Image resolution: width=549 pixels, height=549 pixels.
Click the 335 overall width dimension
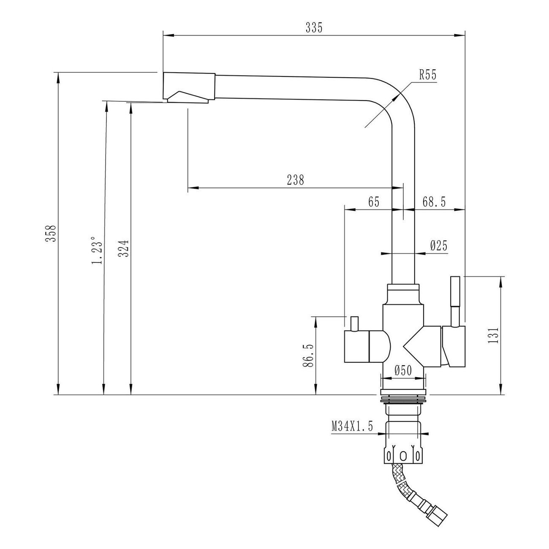[x=314, y=28]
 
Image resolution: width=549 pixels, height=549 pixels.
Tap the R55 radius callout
[x=428, y=75]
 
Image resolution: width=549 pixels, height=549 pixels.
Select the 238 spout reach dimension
[x=296, y=180]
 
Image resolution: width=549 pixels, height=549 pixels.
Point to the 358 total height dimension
[x=51, y=234]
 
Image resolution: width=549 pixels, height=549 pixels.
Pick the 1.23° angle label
[x=97, y=250]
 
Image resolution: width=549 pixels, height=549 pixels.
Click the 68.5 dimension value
[x=434, y=202]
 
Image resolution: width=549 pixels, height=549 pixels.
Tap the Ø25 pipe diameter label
[x=439, y=245]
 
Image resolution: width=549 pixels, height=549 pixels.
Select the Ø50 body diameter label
[x=403, y=370]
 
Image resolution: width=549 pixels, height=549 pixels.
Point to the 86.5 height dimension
[x=308, y=356]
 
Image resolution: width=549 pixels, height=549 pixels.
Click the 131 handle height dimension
[x=493, y=335]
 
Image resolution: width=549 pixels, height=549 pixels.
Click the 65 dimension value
[x=374, y=202]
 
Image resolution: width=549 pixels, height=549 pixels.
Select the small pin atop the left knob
[x=354, y=324]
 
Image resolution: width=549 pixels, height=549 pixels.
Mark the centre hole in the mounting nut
[x=403, y=456]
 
